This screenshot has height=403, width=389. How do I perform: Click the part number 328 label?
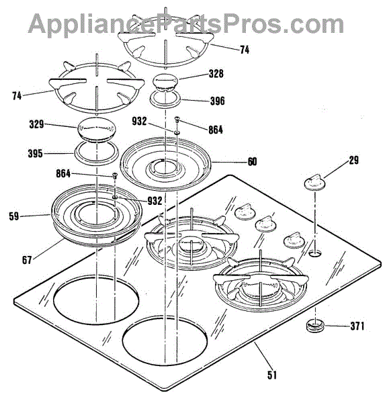[216, 74]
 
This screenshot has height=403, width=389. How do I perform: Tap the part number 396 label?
[218, 101]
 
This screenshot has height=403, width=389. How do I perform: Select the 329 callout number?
[36, 125]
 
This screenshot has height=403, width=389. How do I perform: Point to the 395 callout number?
[35, 154]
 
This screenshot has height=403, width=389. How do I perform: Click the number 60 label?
[252, 162]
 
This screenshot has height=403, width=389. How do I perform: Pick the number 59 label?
[14, 216]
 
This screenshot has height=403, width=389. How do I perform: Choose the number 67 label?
[27, 260]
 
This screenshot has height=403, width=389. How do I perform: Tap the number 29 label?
[353, 160]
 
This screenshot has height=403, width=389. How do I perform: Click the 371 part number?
[357, 326]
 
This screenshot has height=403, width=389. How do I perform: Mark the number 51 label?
[272, 375]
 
